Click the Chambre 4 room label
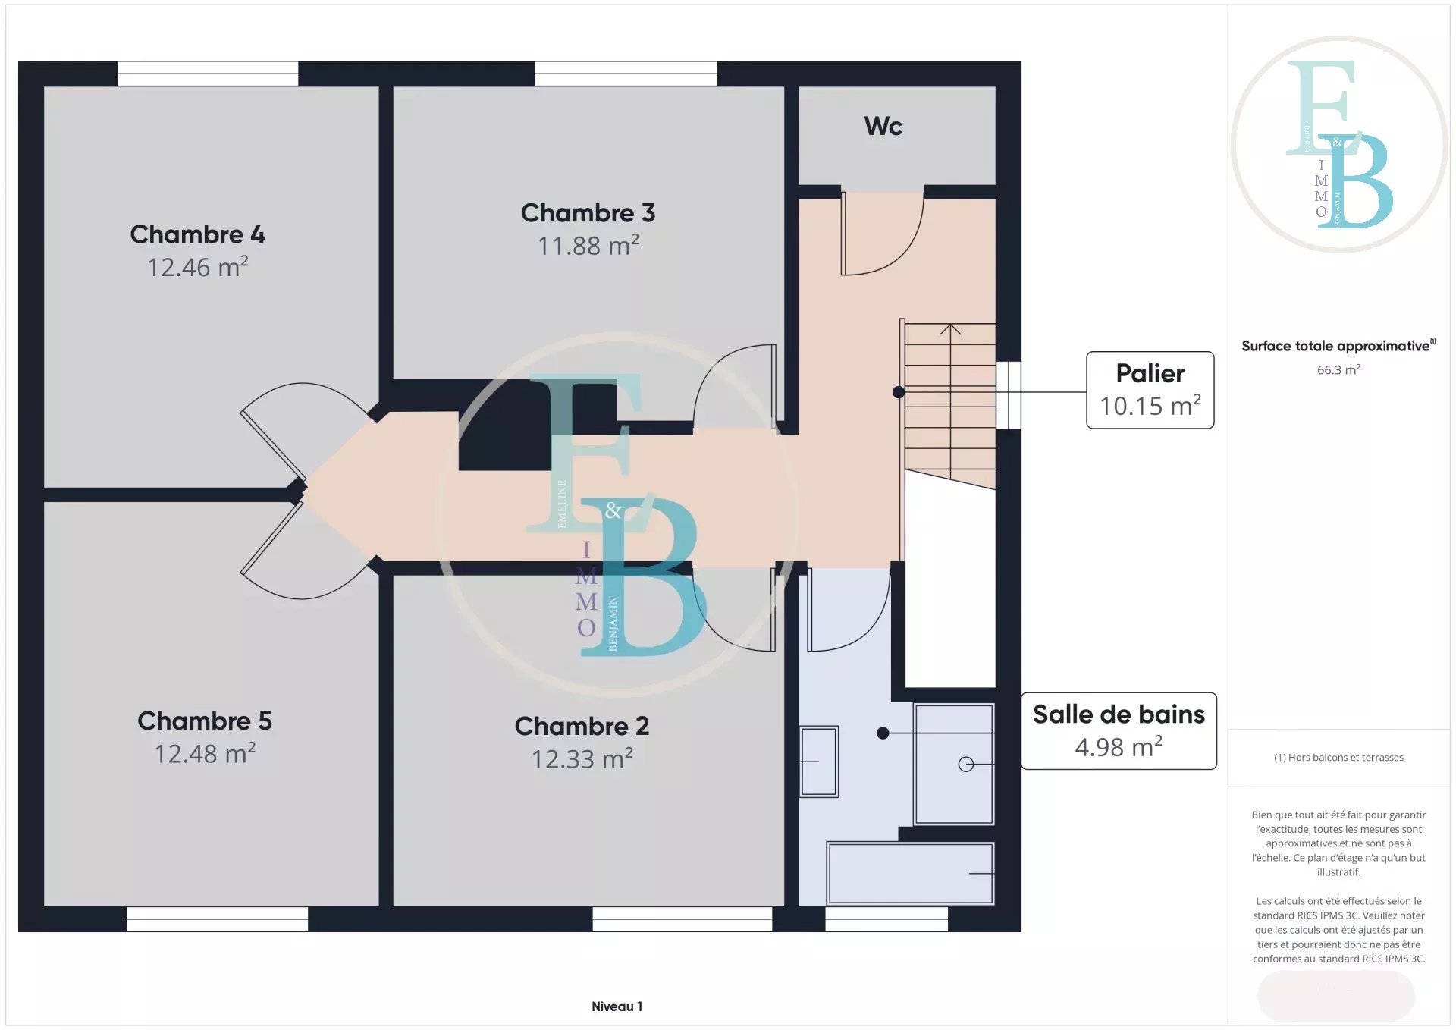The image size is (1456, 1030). pyautogui.click(x=197, y=234)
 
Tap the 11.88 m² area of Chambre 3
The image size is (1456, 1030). pyautogui.click(x=588, y=246)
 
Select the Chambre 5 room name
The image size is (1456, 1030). pyautogui.click(x=205, y=721)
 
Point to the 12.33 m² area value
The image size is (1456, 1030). pyautogui.click(x=582, y=759)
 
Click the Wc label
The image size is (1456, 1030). pyautogui.click(x=883, y=126)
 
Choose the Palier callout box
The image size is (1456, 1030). pyautogui.click(x=1150, y=390)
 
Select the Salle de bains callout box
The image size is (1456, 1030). pyautogui.click(x=1119, y=731)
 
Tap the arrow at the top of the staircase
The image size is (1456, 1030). pyautogui.click(x=950, y=329)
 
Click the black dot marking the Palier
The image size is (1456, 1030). pyautogui.click(x=899, y=392)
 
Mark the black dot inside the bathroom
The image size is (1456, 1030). pyautogui.click(x=883, y=733)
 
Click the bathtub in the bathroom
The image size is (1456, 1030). pyautogui.click(x=910, y=873)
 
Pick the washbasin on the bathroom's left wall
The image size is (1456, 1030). pyautogui.click(x=819, y=762)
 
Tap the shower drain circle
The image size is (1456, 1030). pyautogui.click(x=966, y=765)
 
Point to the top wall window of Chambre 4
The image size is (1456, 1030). pyautogui.click(x=208, y=74)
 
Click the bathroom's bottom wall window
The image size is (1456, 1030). pyautogui.click(x=886, y=919)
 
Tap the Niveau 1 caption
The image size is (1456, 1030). pyautogui.click(x=617, y=1006)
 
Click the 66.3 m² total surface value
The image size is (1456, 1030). pyautogui.click(x=1338, y=370)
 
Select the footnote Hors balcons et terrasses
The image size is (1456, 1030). pyautogui.click(x=1338, y=758)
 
